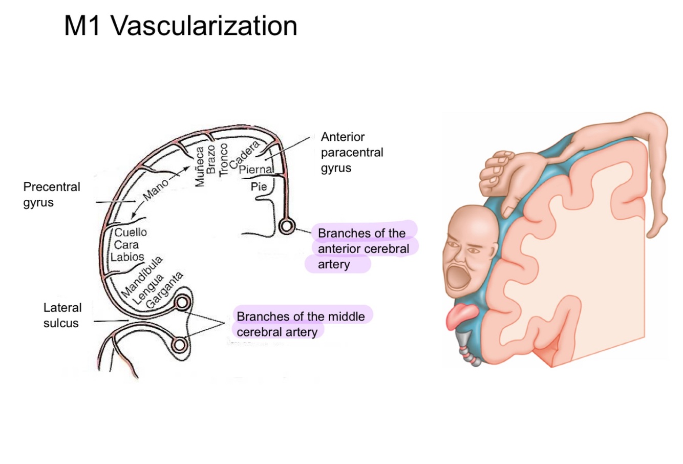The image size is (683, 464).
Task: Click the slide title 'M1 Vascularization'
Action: (180, 26)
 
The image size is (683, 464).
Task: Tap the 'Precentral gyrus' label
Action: (52, 194)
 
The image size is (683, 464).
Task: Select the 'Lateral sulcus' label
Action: (61, 315)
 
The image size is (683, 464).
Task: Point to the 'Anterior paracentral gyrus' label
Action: (352, 152)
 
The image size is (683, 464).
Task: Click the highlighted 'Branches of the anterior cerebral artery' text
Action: (362, 248)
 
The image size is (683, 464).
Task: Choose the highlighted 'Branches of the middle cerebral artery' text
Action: (301, 324)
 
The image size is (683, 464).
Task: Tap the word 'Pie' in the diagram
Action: (259, 187)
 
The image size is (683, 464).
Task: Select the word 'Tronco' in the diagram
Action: (223, 159)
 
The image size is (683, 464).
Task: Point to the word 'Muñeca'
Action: (200, 166)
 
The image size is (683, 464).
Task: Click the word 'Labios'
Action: (127, 257)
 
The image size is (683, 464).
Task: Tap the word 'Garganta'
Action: (164, 290)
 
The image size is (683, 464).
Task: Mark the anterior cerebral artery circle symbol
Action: (286, 225)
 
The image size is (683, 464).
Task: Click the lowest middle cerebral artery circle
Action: (179, 345)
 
